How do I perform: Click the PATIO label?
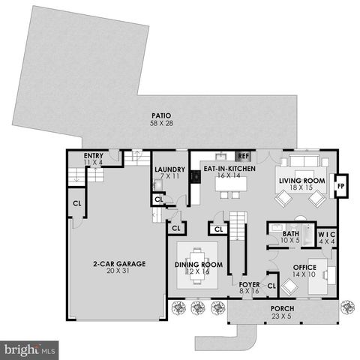click(x=160, y=115)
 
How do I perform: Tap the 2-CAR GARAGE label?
click(x=118, y=264)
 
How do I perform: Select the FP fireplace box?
click(x=340, y=185)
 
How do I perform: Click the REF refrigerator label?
click(x=243, y=155)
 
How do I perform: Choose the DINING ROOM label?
click(x=199, y=264)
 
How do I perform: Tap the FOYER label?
click(x=249, y=285)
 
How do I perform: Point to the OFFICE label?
click(x=304, y=268)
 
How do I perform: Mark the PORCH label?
click(x=282, y=309)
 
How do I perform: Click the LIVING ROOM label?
click(x=301, y=181)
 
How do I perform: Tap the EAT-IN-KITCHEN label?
click(x=230, y=169)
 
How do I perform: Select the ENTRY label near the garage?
click(x=93, y=154)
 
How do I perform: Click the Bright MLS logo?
click(x=30, y=349)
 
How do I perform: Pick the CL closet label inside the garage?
click(x=76, y=203)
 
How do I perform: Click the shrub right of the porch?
click(x=346, y=306)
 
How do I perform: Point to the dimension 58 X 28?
click(x=160, y=123)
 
